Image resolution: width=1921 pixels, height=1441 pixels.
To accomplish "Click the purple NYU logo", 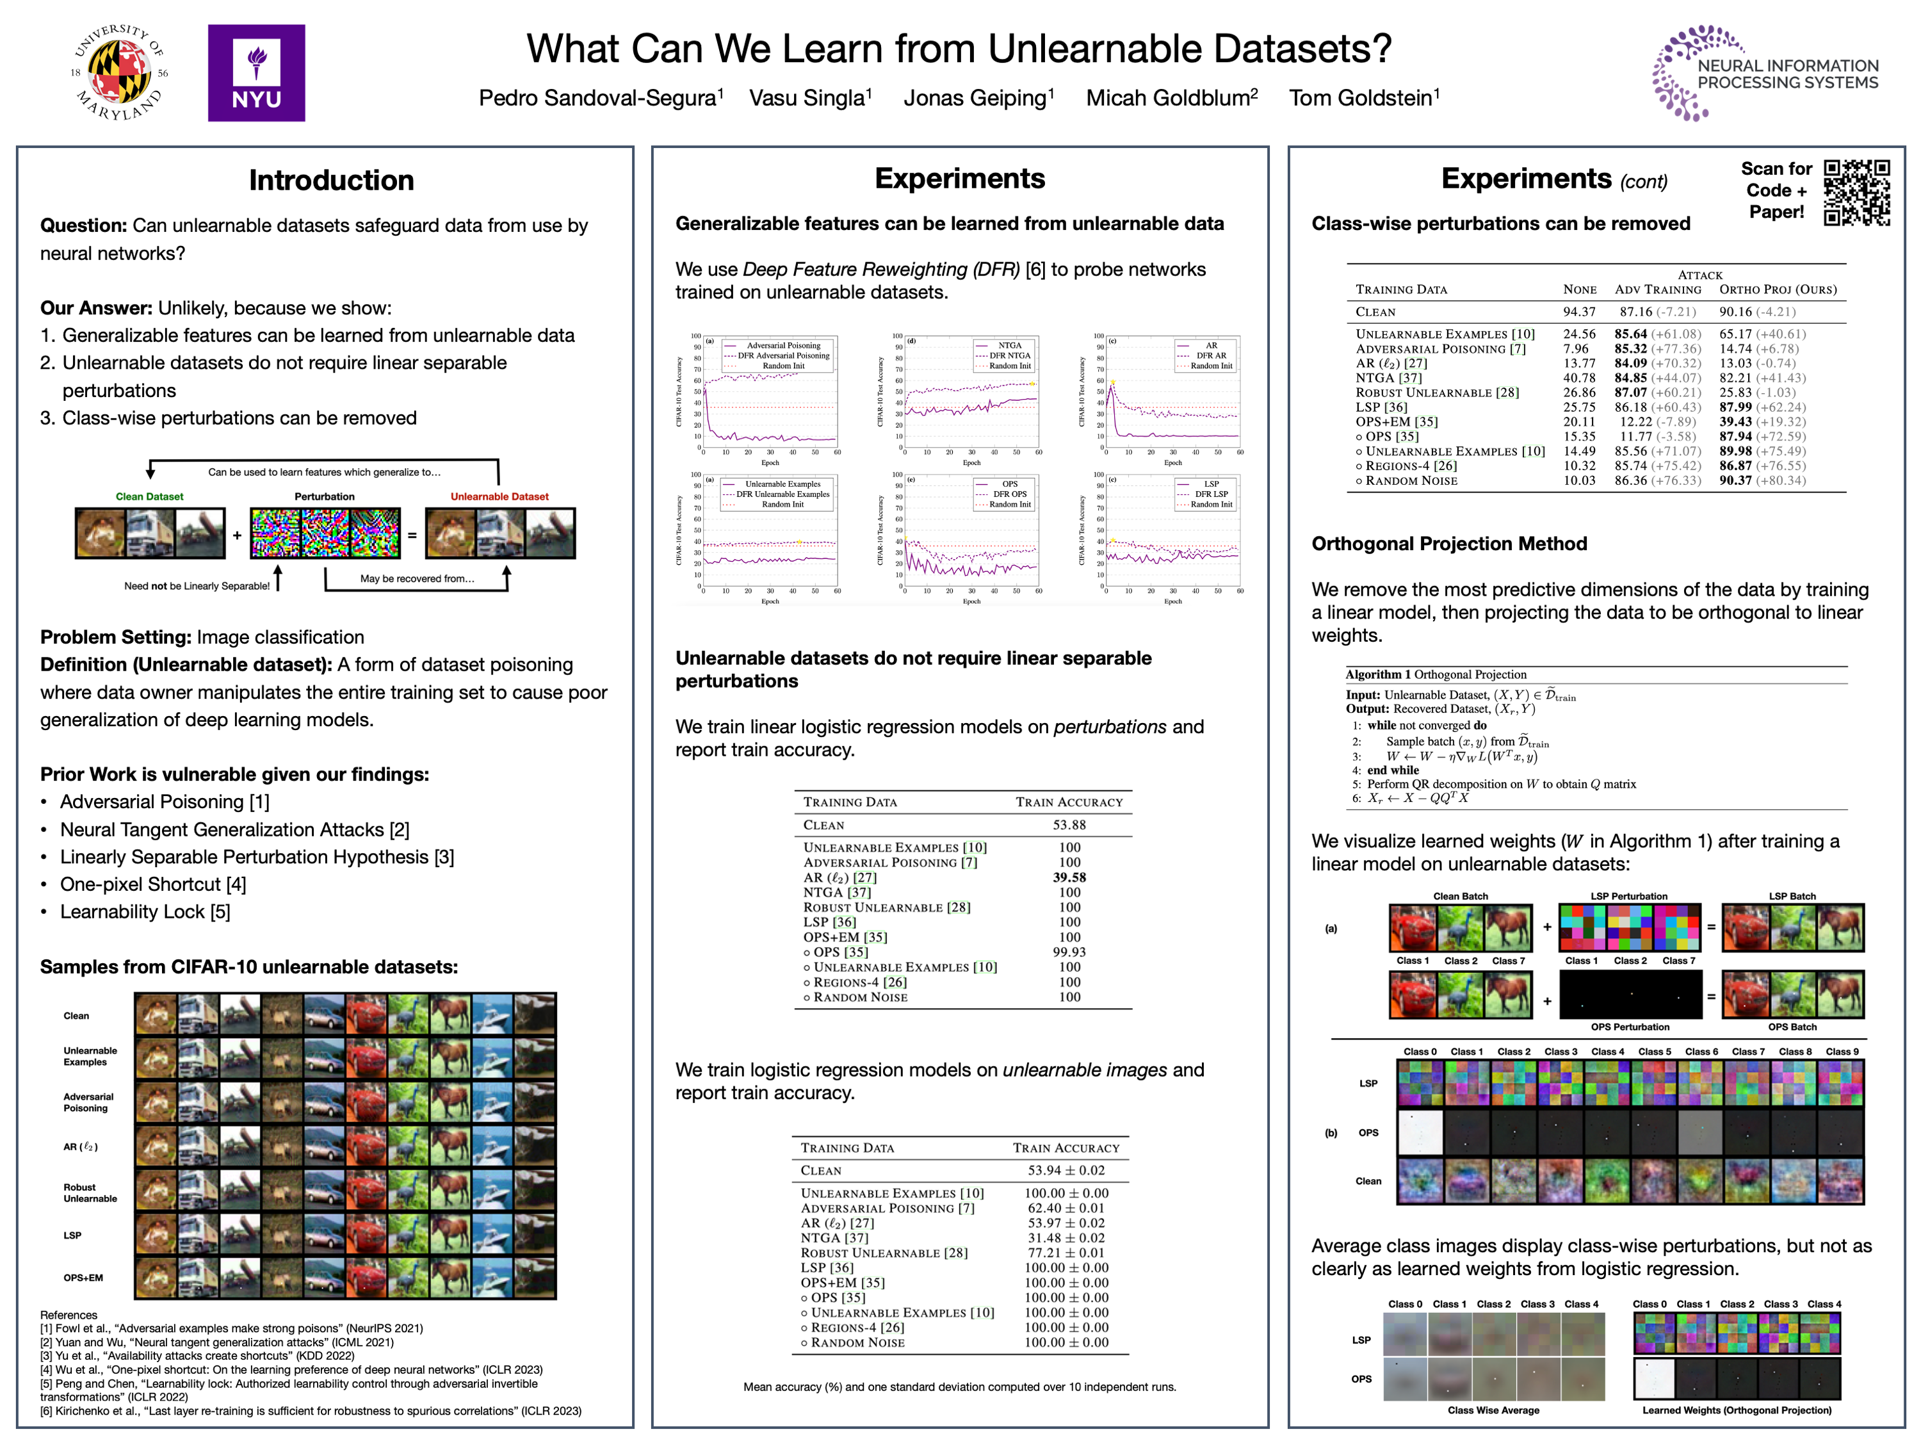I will pos(256,73).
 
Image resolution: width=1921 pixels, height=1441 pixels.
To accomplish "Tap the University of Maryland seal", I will pos(119,73).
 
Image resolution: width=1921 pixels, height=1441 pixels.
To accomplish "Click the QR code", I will pos(1857,193).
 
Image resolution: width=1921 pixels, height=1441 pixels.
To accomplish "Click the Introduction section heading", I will pos(331,180).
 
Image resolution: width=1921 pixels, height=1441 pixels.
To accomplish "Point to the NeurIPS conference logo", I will pos(1765,73).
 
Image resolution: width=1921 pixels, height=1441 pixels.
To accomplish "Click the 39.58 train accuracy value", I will pos(1069,877).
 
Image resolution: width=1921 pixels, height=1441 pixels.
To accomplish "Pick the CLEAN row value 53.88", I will pos(1069,825).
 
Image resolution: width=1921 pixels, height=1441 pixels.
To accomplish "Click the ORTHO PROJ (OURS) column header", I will pos(1778,290).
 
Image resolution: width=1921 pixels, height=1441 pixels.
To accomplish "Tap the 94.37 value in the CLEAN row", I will pos(1579,312).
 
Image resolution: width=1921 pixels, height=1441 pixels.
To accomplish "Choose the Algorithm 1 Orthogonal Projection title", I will pos(1436,675).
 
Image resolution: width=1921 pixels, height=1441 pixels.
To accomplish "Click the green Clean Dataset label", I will pos(149,497).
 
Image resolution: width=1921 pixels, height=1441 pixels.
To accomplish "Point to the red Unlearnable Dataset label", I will pos(499,497).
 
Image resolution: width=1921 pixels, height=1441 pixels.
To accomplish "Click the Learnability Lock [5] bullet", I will pos(145,912).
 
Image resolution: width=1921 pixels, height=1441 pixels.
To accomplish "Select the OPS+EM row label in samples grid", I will pos(83,1278).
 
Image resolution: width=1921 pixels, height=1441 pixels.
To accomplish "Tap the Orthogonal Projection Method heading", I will pos(1448,544).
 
